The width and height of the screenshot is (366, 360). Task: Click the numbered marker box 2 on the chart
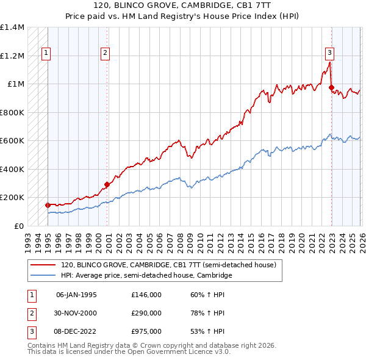[x=105, y=54]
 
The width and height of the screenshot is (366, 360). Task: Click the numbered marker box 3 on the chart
[x=329, y=52]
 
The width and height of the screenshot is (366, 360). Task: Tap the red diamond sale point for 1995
[x=48, y=206]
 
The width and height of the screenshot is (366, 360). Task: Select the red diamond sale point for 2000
[x=107, y=184]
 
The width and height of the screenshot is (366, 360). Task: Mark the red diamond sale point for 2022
[x=331, y=88]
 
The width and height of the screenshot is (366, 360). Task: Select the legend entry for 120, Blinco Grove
[x=168, y=265]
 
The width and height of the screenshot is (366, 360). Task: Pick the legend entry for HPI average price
[x=146, y=276]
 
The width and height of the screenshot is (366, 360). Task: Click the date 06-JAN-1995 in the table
[x=76, y=295]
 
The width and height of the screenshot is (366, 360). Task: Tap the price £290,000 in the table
[x=146, y=313]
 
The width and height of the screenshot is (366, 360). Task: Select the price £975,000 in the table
[x=146, y=331]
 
